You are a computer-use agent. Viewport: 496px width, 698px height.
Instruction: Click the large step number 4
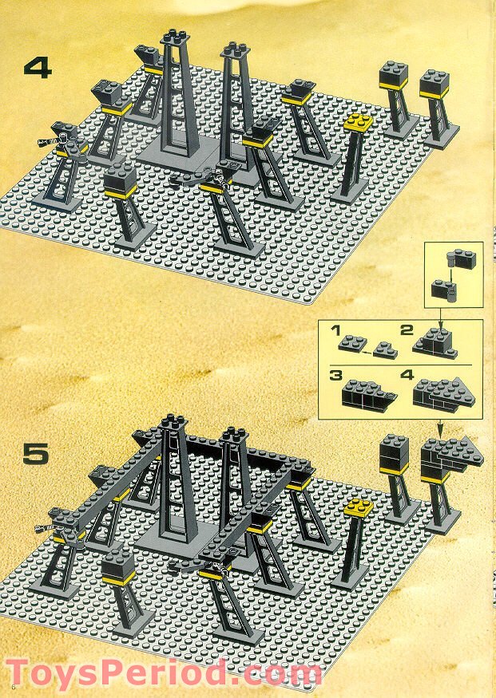(x=37, y=67)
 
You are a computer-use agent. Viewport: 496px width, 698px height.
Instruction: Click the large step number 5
(x=36, y=455)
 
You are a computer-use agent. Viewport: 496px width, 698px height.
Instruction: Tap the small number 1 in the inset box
(x=336, y=329)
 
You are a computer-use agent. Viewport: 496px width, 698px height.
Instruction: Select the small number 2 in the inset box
(x=407, y=330)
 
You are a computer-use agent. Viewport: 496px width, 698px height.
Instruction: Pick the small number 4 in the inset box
(x=406, y=374)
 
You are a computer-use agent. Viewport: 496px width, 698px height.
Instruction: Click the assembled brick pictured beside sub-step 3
(x=367, y=393)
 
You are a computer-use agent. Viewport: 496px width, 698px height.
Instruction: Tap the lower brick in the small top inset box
(x=442, y=289)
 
